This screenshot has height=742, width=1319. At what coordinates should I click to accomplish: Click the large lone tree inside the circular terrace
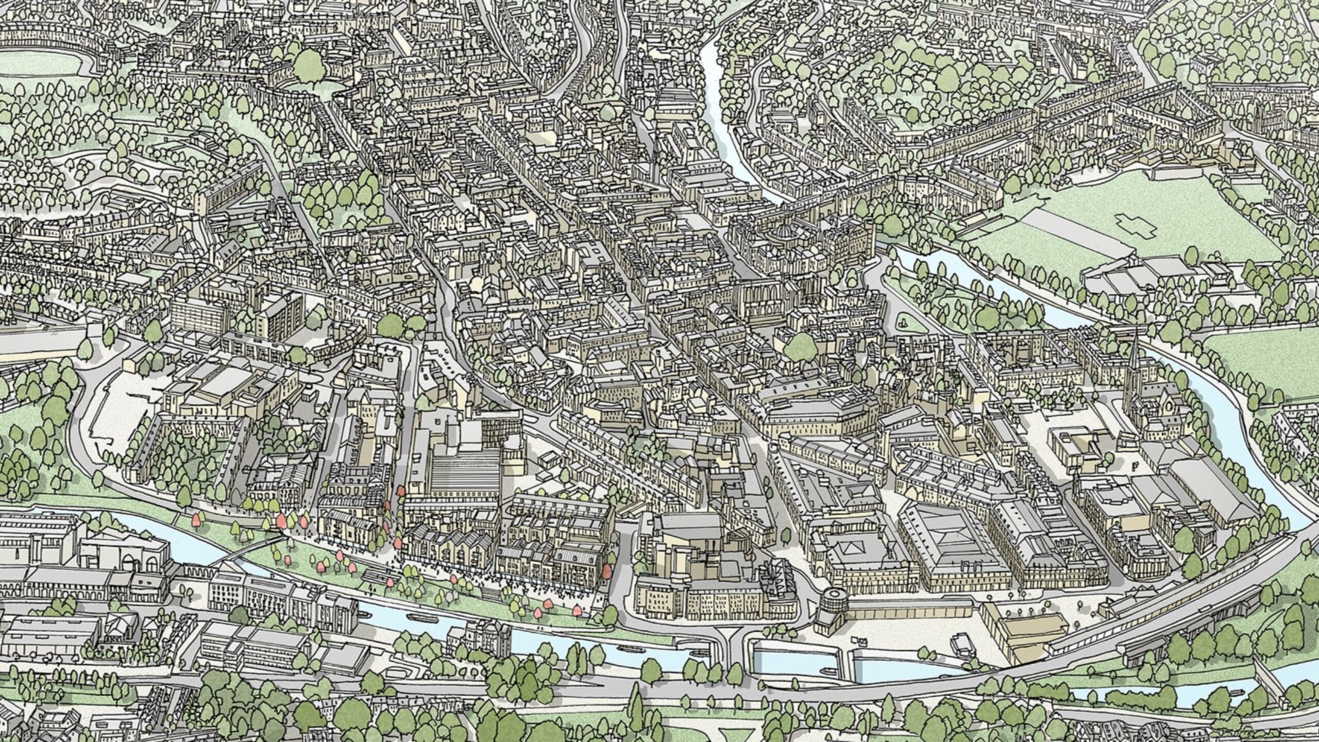pyautogui.click(x=309, y=66)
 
